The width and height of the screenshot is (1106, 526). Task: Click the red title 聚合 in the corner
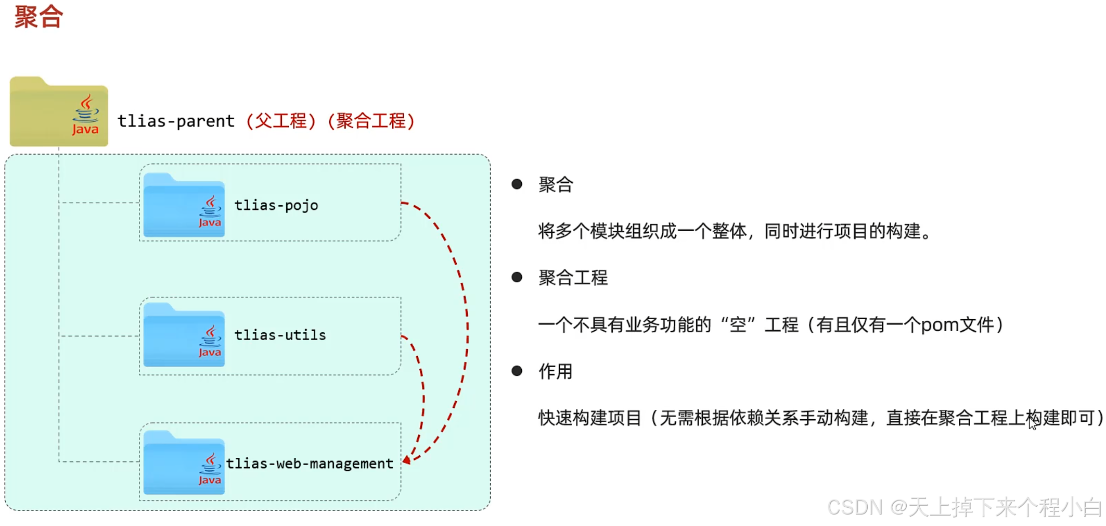pos(38,17)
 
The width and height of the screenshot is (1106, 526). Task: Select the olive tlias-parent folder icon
pos(58,112)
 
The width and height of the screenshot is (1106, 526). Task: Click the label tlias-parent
pos(176,121)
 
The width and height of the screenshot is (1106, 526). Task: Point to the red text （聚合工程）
pos(371,121)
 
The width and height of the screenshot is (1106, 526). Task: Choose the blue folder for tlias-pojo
pos(184,206)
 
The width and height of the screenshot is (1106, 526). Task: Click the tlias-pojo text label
pos(276,206)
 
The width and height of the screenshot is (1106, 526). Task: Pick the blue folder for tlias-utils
pos(184,335)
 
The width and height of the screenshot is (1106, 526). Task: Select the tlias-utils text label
pos(280,335)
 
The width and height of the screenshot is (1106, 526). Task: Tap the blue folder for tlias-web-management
pos(184,464)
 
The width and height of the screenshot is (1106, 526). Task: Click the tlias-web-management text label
pos(310,464)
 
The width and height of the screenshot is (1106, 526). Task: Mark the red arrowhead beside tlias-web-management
pos(407,460)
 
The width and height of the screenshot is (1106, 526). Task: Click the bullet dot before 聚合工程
pos(517,277)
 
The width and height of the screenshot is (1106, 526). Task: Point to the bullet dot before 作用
pos(517,371)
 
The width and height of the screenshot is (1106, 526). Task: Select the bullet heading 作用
pos(555,371)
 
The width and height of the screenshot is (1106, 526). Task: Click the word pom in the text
pos(940,325)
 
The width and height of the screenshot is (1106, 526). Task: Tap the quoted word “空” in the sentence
pos(738,325)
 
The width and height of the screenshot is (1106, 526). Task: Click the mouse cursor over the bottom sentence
pos(1032,423)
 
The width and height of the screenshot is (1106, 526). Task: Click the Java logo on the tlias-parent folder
pos(85,115)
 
